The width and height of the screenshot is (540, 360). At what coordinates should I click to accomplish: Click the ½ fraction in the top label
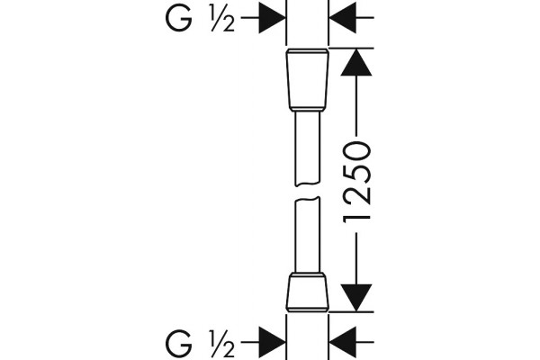click(x=222, y=20)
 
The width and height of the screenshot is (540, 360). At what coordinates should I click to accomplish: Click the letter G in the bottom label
click(x=178, y=343)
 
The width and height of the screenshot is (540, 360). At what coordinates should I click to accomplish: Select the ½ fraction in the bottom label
click(x=222, y=343)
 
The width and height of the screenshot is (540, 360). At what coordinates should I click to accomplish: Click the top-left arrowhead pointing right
click(x=272, y=17)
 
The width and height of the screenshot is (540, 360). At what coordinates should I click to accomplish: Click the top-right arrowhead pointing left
click(x=343, y=17)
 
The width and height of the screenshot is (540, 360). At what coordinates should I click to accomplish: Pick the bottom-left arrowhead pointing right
click(x=272, y=342)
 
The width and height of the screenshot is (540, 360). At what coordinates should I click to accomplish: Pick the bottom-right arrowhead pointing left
click(x=343, y=342)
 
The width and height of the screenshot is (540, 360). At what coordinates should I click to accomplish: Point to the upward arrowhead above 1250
click(x=356, y=62)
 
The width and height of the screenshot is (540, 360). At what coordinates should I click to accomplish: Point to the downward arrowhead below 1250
click(x=356, y=298)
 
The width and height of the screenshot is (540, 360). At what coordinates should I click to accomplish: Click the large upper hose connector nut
click(x=308, y=78)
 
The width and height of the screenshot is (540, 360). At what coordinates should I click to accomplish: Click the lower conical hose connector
click(x=308, y=292)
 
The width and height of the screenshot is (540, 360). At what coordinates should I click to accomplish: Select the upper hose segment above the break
click(x=308, y=148)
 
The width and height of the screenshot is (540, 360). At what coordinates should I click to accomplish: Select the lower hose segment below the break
click(x=308, y=235)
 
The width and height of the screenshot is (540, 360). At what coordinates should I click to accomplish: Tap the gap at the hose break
click(x=308, y=192)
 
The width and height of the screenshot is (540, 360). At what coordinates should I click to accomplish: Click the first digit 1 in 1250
click(x=356, y=218)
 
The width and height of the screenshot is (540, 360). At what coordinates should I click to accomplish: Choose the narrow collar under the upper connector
click(x=308, y=109)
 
